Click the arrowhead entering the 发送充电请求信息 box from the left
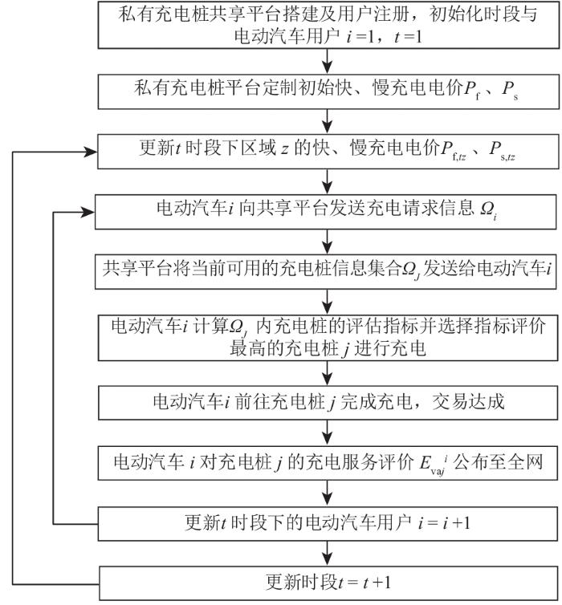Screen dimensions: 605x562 tap(91, 212)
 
